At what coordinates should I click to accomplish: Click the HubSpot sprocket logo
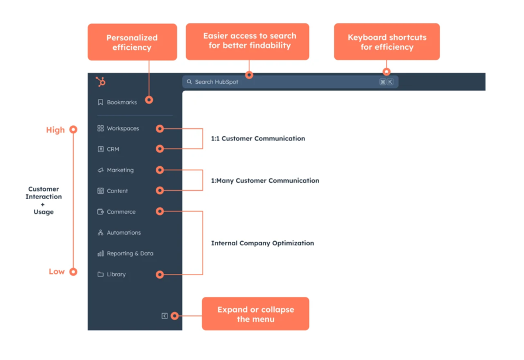point(101,82)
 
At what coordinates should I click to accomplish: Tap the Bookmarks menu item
point(121,102)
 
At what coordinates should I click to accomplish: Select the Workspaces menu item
point(122,128)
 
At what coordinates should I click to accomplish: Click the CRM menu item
point(112,149)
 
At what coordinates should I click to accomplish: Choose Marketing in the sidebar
point(119,170)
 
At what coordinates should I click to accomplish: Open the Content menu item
point(117,191)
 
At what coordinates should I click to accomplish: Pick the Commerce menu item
point(121,212)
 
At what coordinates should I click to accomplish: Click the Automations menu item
point(123,232)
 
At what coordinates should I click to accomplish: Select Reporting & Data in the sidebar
point(129,253)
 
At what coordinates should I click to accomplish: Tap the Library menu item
point(116,275)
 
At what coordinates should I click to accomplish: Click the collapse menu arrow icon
point(165,316)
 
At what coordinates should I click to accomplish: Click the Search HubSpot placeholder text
point(216,82)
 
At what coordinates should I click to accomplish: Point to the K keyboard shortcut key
point(390,82)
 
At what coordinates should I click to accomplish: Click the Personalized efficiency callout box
point(132,42)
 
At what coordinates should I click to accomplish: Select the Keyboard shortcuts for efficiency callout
point(386,42)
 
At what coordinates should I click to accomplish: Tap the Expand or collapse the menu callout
point(255,314)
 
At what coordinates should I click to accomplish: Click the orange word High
point(56,130)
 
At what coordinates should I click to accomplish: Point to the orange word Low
point(57,272)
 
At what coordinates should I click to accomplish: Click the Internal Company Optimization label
point(262,243)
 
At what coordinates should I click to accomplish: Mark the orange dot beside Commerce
point(160,211)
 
